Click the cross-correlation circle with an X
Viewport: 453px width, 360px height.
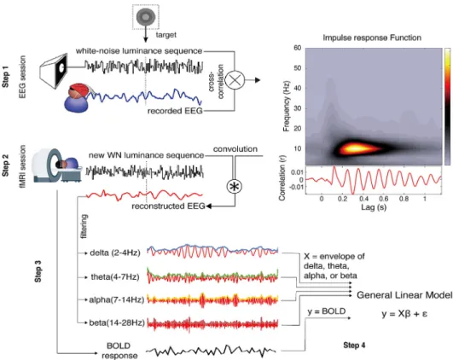pos(235,79)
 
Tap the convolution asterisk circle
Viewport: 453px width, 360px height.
pos(235,187)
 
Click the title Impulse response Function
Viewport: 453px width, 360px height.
pos(372,38)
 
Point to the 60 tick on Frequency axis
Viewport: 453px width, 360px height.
pos(298,48)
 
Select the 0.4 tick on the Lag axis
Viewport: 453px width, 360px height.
pos(363,199)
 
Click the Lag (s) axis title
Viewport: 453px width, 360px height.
pos(374,206)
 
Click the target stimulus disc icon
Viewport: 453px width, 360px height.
pos(146,17)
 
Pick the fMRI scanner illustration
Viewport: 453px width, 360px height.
pos(57,165)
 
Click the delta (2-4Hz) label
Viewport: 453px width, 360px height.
pos(115,253)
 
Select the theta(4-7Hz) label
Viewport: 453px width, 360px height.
pos(115,277)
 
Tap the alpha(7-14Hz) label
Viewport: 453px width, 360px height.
pos(116,300)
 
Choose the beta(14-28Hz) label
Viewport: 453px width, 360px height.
pos(117,322)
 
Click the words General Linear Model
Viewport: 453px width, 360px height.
pos(404,295)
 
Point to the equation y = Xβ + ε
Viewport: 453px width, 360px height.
pos(404,314)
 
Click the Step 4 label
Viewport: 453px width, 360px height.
pos(354,345)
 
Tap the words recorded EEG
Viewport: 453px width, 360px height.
pos(175,111)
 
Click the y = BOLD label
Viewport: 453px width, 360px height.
pos(327,311)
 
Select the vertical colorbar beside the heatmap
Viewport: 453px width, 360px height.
pos(447,107)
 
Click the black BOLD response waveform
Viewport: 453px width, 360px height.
pos(211,351)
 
